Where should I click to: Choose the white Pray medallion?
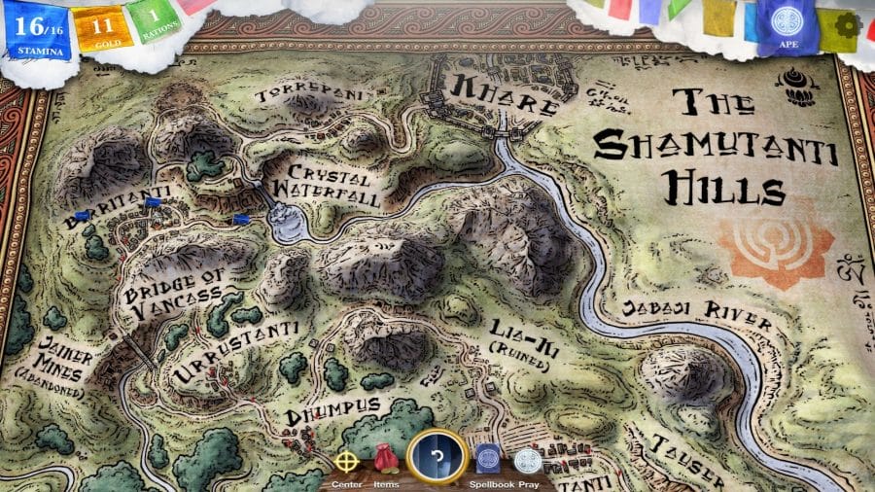(527, 461)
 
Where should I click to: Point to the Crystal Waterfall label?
(328, 191)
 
